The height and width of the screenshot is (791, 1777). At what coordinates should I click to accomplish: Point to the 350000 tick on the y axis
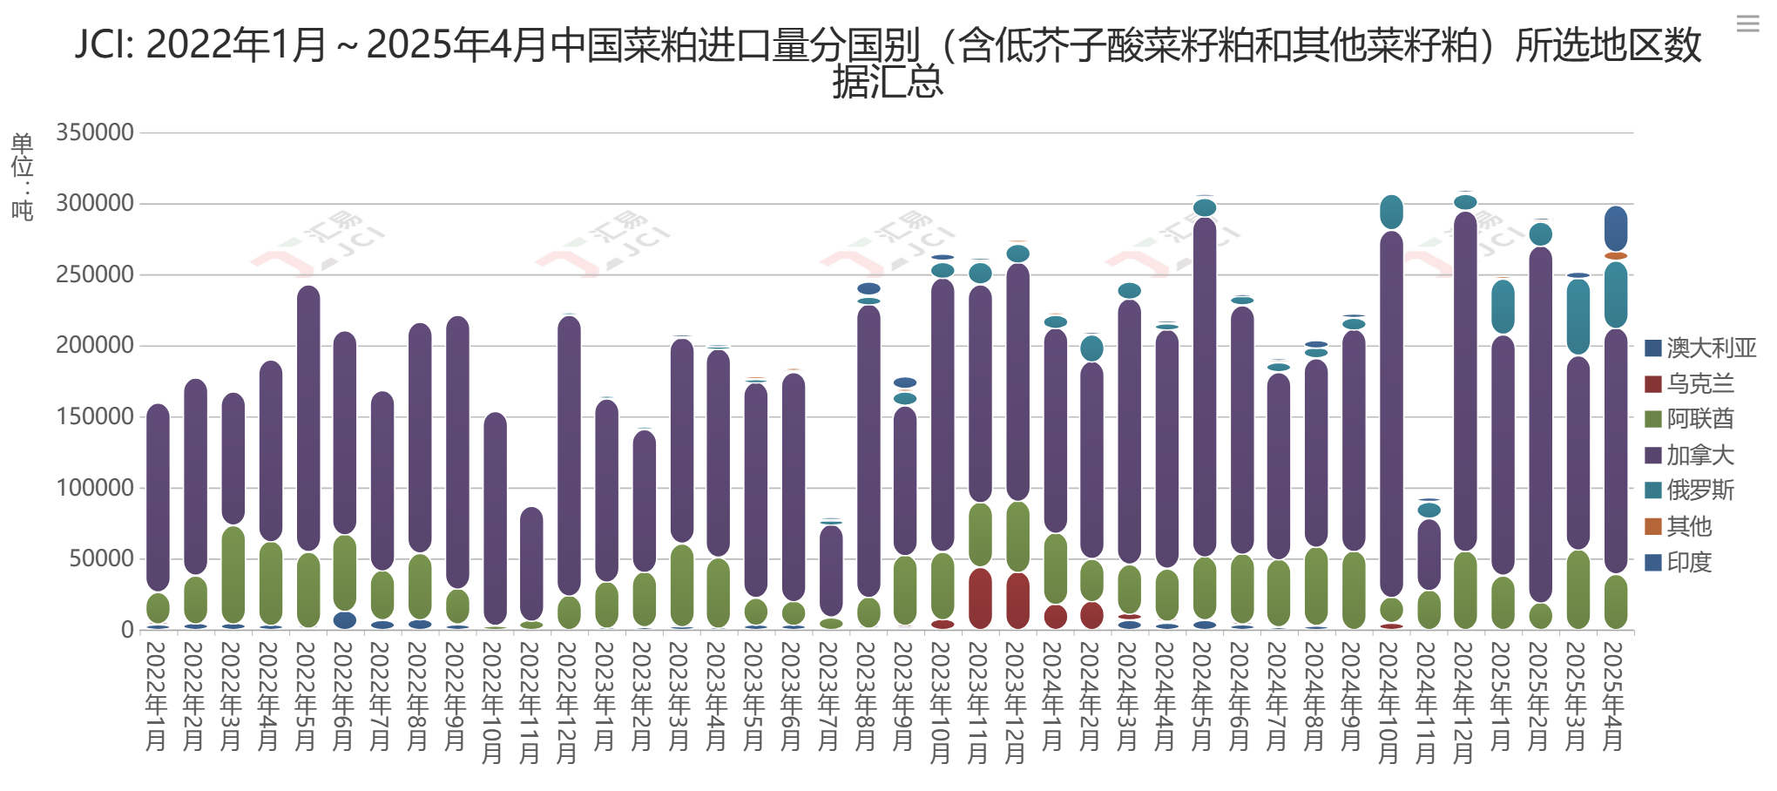pos(95,132)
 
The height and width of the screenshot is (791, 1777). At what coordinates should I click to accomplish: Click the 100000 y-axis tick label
pos(95,488)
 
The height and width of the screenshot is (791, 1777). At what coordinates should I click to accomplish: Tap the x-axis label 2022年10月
pos(493,702)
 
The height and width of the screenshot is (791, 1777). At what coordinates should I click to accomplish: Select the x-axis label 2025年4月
pos(1613,696)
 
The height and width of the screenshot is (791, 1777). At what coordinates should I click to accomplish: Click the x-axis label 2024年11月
pos(1427,702)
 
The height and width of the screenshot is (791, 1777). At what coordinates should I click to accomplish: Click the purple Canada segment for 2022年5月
pos(308,418)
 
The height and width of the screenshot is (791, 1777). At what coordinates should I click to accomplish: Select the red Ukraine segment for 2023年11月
pos(980,598)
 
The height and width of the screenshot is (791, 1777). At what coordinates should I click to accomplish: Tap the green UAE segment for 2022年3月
pos(233,574)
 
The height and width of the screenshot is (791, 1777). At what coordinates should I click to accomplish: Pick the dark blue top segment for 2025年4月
pos(1616,228)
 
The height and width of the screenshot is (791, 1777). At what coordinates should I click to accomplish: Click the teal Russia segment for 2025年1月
pos(1503,307)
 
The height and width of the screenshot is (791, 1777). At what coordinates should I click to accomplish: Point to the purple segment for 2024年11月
pos(1429,554)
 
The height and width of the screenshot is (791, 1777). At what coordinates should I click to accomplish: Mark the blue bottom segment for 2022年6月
pos(345,620)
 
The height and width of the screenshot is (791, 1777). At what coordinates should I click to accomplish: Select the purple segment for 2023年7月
pos(831,571)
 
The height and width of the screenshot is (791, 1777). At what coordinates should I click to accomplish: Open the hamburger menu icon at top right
pos(1747,24)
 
